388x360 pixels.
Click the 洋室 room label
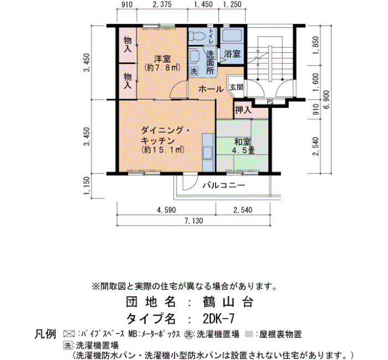[162, 59]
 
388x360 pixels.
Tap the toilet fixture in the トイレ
[197, 36]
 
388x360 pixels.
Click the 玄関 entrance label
[237, 87]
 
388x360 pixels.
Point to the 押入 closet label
[243, 110]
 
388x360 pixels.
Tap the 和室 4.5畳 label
[243, 146]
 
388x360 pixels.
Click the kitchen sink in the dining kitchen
[208, 152]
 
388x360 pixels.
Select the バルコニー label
[224, 185]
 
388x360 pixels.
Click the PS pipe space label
[270, 102]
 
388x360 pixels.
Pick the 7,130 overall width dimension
[193, 221]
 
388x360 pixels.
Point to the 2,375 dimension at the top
[162, 4]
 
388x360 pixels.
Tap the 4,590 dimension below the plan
[166, 210]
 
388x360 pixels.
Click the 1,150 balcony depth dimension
[86, 186]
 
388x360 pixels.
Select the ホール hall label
[211, 89]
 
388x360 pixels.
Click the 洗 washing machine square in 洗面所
[193, 71]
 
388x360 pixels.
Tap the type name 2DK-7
[218, 318]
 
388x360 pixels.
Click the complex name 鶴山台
[228, 302]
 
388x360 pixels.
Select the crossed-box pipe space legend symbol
[68, 334]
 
